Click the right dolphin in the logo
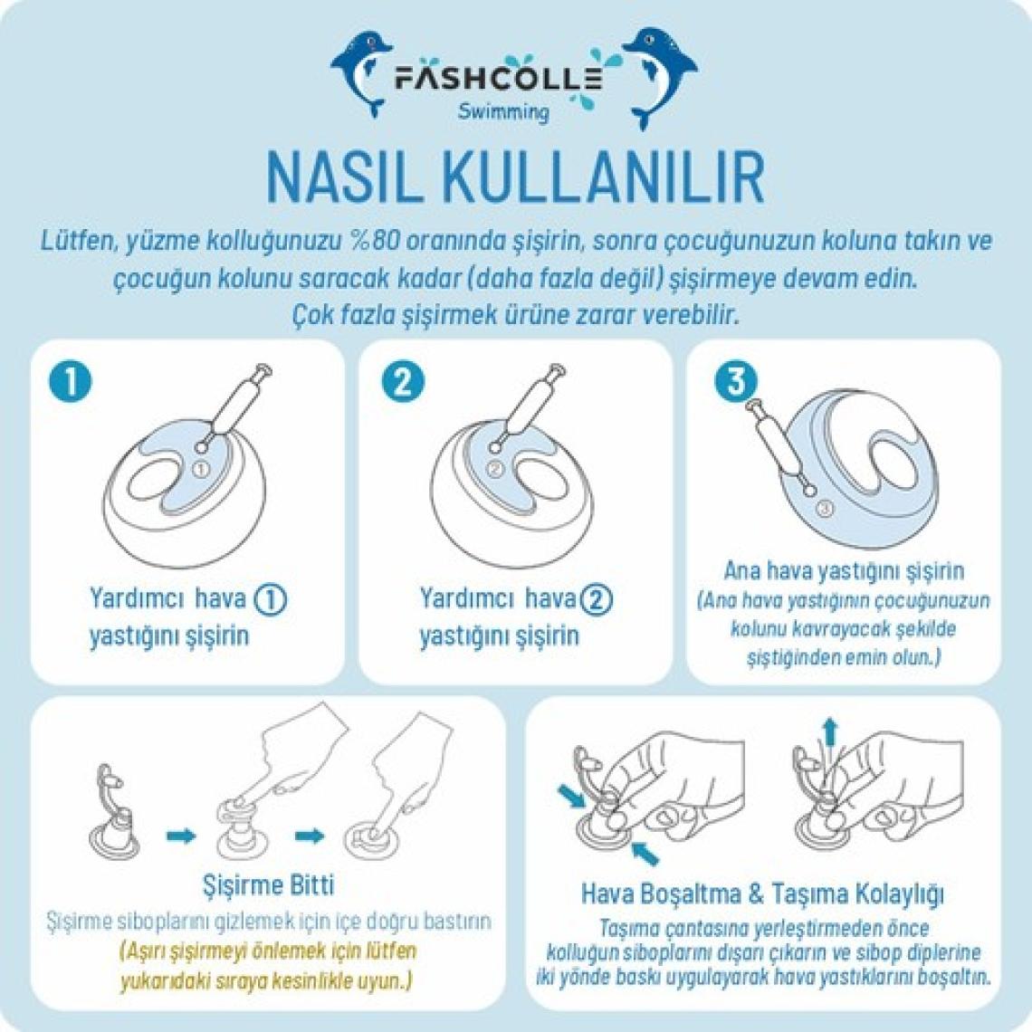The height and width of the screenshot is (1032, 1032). click(x=659, y=76)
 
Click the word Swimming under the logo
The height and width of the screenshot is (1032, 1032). click(x=503, y=111)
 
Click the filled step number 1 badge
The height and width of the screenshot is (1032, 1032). click(x=71, y=381)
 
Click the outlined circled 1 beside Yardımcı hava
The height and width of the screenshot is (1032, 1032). click(x=271, y=599)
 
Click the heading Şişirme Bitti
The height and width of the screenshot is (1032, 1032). click(x=268, y=884)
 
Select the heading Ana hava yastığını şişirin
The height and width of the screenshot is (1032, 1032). click(x=844, y=570)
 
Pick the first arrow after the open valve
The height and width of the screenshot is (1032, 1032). click(x=181, y=836)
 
